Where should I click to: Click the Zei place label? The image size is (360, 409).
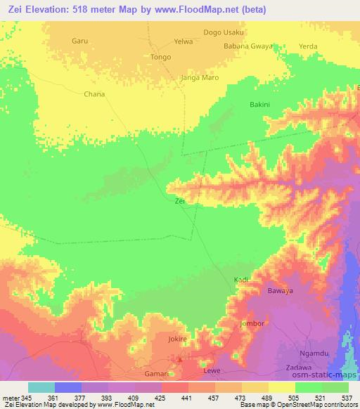tap(179, 201)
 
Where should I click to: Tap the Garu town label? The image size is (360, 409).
tap(79, 41)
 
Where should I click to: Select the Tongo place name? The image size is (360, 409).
tap(161, 57)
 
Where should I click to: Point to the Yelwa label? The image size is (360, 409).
tap(184, 41)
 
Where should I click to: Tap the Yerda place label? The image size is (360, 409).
tap(308, 46)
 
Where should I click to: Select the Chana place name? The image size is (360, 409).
tap(94, 93)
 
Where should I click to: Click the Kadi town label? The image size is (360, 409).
tap(241, 280)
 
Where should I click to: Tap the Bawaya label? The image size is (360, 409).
tap(279, 290)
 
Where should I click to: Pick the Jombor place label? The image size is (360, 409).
tap(252, 324)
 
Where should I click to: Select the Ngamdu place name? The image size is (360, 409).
tap(314, 354)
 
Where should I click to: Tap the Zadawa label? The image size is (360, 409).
tap(300, 368)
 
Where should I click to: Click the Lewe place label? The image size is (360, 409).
tap(211, 370)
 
